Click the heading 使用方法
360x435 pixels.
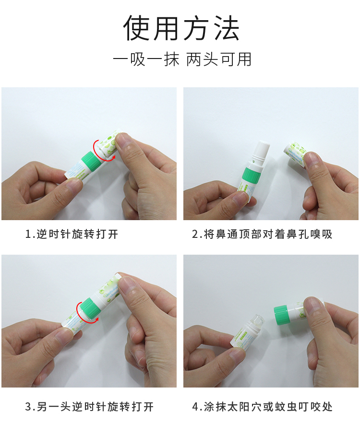click(181, 28)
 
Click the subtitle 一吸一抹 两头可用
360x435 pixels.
click(182, 59)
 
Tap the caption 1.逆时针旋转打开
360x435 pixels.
click(72, 234)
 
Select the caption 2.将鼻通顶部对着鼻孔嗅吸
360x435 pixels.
click(262, 234)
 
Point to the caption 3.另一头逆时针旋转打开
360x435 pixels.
click(89, 407)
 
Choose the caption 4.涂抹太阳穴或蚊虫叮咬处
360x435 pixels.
click(262, 407)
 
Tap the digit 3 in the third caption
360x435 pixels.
click(29, 407)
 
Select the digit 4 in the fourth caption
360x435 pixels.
click(195, 407)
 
